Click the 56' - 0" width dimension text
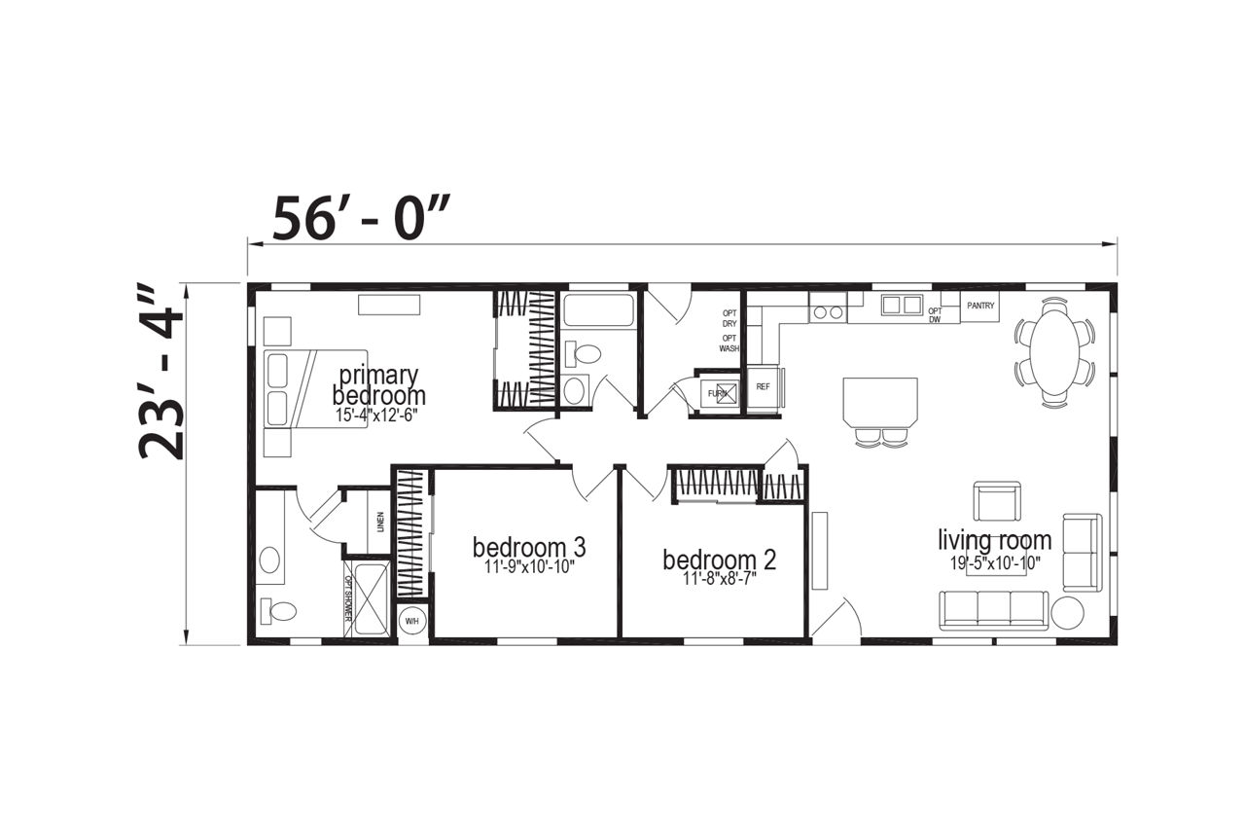pyautogui.click(x=360, y=218)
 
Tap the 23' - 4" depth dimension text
pyautogui.click(x=160, y=372)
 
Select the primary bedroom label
pyautogui.click(x=379, y=385)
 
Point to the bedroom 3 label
pyautogui.click(x=529, y=547)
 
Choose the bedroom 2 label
pyautogui.click(x=719, y=560)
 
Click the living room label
pyautogui.click(x=995, y=539)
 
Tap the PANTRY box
pyautogui.click(x=980, y=306)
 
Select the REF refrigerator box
pyautogui.click(x=764, y=388)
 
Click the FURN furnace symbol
pyautogui.click(x=720, y=394)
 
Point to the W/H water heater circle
pyautogui.click(x=411, y=621)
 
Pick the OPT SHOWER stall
pyautogui.click(x=367, y=597)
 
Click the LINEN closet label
pyautogui.click(x=380, y=522)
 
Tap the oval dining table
pyautogui.click(x=1055, y=351)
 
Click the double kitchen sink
pyautogui.click(x=902, y=306)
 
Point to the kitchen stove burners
pyautogui.click(x=828, y=312)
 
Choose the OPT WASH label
pyautogui.click(x=729, y=343)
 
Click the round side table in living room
pyautogui.click(x=1067, y=613)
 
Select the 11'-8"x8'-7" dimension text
pyautogui.click(x=720, y=579)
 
